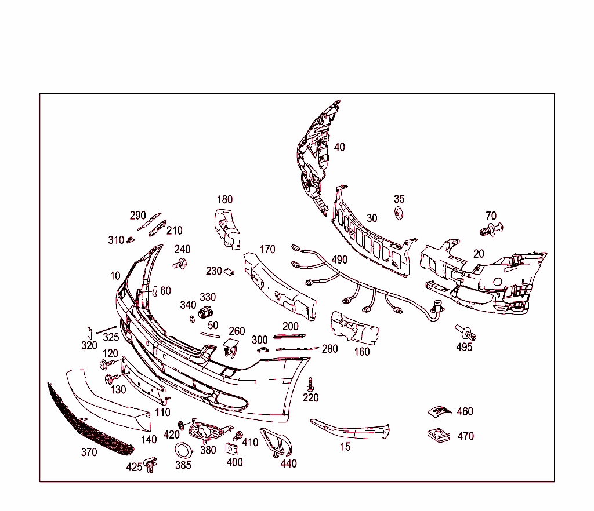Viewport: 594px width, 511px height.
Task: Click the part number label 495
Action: click(x=464, y=347)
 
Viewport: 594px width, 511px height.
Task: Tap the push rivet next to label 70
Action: click(x=491, y=229)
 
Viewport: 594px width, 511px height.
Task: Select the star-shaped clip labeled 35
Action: click(x=399, y=213)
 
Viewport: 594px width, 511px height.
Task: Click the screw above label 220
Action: click(x=310, y=383)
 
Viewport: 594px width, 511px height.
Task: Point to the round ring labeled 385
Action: click(x=184, y=450)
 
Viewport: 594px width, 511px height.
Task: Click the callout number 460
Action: click(x=465, y=412)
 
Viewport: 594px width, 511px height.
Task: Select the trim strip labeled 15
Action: click(x=351, y=429)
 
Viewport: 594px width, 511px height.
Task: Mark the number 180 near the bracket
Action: click(x=224, y=200)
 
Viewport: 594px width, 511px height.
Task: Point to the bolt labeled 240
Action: click(x=180, y=265)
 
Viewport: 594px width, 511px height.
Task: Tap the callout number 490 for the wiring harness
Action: click(x=339, y=260)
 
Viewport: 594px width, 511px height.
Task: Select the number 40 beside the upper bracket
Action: click(x=339, y=147)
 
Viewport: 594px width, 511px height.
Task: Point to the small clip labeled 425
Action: click(x=151, y=463)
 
